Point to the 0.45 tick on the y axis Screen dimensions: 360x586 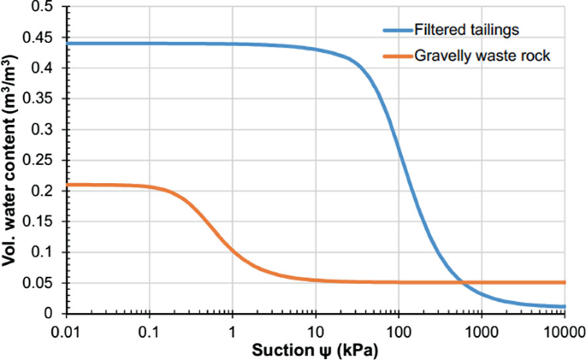(x=41, y=38)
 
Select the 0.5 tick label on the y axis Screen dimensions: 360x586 (x=44, y=8)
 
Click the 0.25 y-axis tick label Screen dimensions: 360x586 (x=41, y=160)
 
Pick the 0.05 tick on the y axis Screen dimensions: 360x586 (x=41, y=283)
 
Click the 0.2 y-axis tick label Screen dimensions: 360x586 (x=44, y=191)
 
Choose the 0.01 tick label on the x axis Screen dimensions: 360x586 (x=67, y=330)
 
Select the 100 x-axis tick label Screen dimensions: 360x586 (x=398, y=330)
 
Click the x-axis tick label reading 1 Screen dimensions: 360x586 (x=233, y=330)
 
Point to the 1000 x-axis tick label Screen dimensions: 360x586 (x=481, y=330)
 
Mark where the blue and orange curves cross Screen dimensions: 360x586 (x=463, y=282)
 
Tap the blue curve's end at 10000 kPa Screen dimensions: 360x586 (x=564, y=306)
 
